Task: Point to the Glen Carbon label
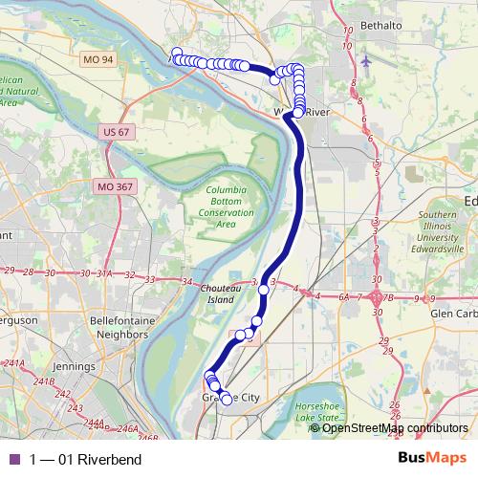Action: [x=452, y=313]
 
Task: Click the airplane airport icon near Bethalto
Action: [x=368, y=61]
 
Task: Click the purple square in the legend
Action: [x=12, y=460]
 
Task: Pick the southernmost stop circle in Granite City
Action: [x=227, y=400]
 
